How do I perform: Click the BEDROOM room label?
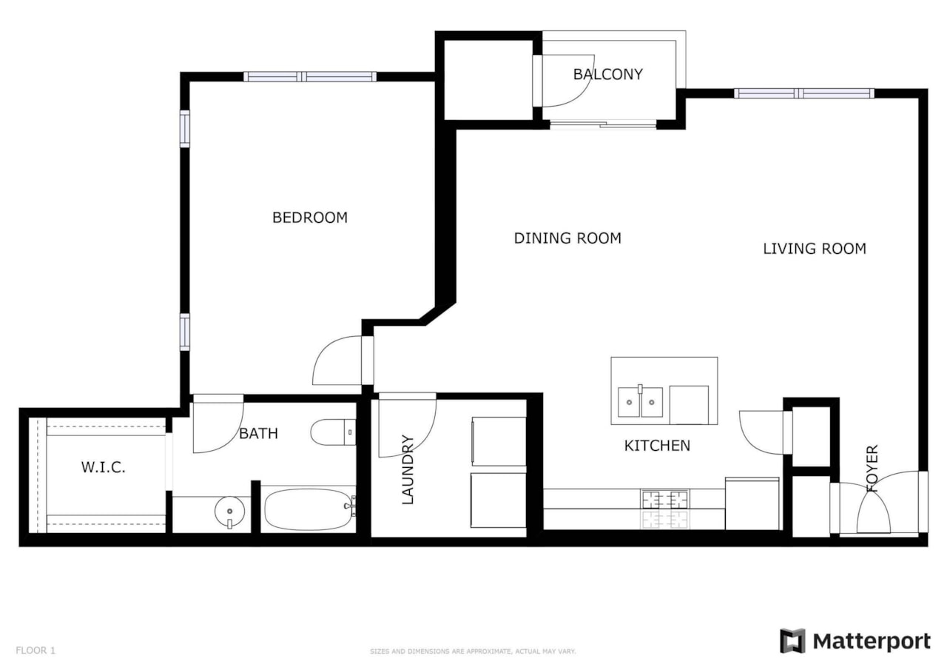click(x=310, y=218)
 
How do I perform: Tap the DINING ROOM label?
click(x=567, y=238)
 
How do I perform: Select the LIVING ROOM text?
click(x=814, y=249)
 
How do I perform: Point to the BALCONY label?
click(x=607, y=74)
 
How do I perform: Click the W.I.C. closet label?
click(x=103, y=468)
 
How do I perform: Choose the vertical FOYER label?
click(x=872, y=468)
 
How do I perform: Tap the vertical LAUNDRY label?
click(x=408, y=470)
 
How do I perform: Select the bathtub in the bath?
click(x=309, y=509)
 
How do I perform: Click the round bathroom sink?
click(x=229, y=511)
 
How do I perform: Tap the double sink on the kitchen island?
click(x=640, y=402)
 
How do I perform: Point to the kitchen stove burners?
click(x=664, y=509)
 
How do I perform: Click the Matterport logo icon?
click(x=792, y=641)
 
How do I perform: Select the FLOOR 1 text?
click(x=36, y=651)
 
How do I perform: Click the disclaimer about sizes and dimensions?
click(x=473, y=651)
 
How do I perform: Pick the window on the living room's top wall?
click(x=804, y=93)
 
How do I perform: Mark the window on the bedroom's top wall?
click(x=310, y=76)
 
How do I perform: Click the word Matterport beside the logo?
click(x=871, y=641)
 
